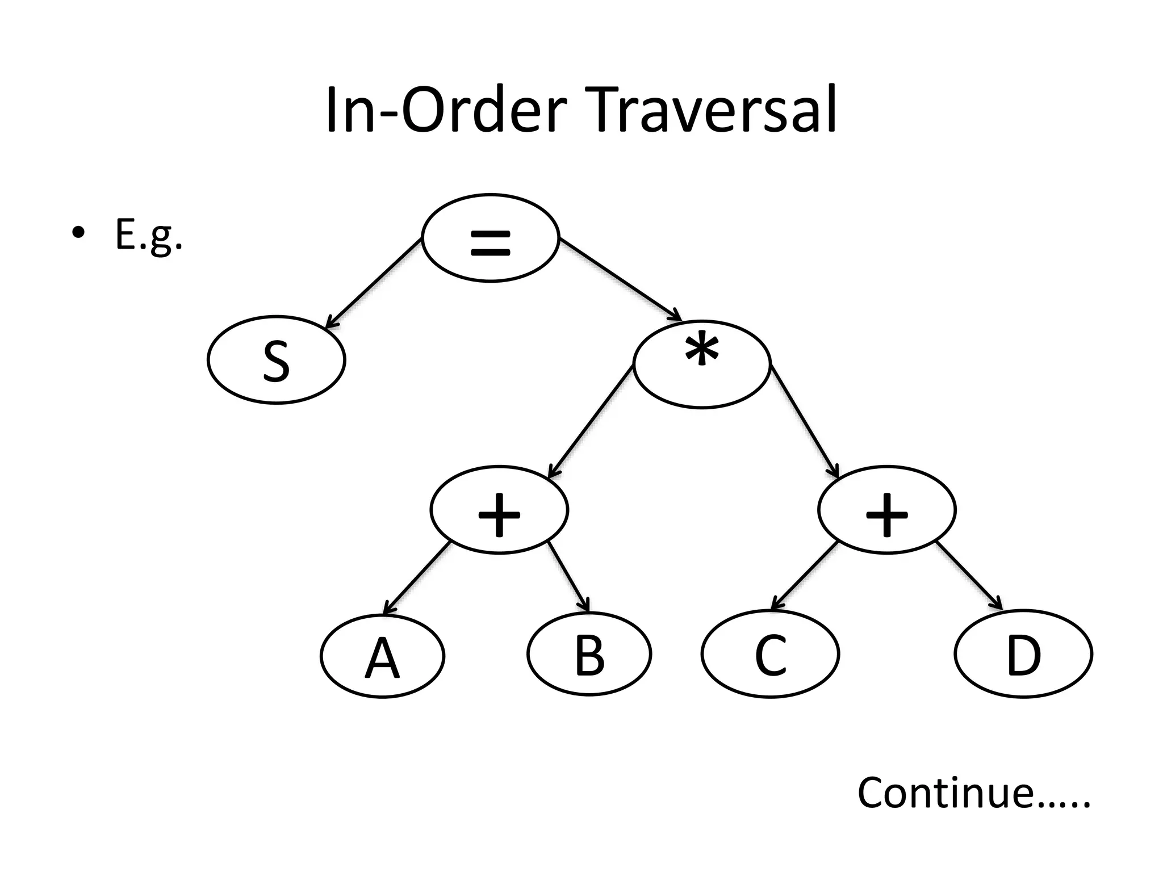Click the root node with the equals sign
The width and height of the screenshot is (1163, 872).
point(491,238)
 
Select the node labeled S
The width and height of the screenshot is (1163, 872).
point(277,360)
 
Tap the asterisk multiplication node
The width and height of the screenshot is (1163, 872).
point(702,364)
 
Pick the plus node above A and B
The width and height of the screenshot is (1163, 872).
point(499,510)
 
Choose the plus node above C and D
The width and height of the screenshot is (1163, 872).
point(886,510)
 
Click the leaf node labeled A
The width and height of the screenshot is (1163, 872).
point(382,656)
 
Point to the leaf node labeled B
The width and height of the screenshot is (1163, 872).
point(589,655)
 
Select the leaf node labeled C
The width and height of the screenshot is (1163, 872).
point(770,655)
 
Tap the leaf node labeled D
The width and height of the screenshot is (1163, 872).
point(1023,655)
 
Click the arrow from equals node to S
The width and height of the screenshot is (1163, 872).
point(374,284)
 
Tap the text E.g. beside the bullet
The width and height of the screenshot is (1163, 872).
point(149,236)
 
